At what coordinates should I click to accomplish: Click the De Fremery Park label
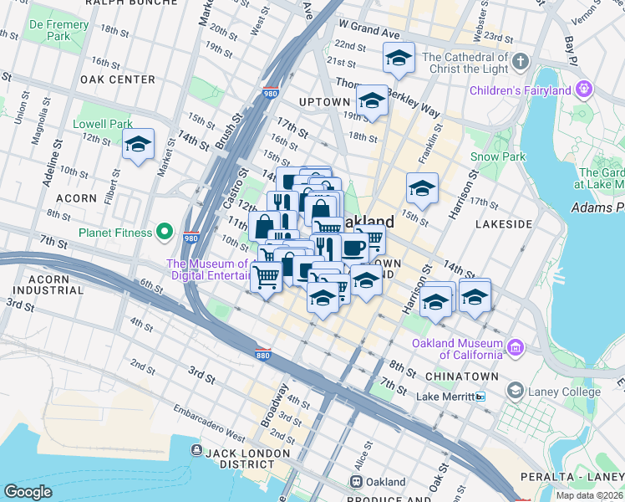[58, 31]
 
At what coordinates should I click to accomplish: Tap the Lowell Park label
[103, 124]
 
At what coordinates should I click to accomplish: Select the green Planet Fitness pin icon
[165, 232]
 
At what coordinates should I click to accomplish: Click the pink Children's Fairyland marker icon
[583, 90]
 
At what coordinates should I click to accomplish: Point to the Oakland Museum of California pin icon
[516, 346]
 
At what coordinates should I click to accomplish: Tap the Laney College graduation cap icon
[516, 391]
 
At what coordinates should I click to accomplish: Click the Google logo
[28, 492]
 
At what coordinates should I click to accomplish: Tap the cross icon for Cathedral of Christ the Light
[520, 62]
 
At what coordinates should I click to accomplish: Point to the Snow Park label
[497, 156]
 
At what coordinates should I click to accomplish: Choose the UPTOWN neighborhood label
[324, 102]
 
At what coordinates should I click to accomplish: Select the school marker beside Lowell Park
[139, 145]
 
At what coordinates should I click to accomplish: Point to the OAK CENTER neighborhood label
[118, 79]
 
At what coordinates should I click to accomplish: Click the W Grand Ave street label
[369, 30]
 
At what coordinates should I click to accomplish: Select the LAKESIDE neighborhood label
[504, 224]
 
